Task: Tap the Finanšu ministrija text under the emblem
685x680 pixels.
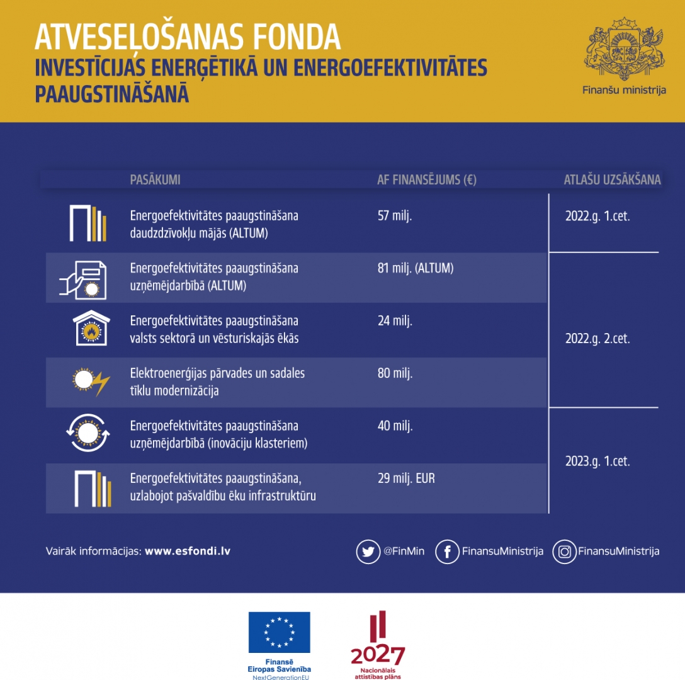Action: pyautogui.click(x=624, y=90)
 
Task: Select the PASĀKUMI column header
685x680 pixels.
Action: pyautogui.click(x=155, y=179)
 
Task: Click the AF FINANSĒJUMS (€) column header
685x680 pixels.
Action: pyautogui.click(x=426, y=179)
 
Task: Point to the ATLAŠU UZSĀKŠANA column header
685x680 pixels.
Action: pyautogui.click(x=612, y=179)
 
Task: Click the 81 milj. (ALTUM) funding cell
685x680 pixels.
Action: pyautogui.click(x=415, y=268)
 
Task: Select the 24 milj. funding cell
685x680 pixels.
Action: pyautogui.click(x=395, y=321)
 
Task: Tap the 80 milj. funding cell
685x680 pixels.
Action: pyautogui.click(x=395, y=373)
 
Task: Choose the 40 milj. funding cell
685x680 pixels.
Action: pyautogui.click(x=395, y=426)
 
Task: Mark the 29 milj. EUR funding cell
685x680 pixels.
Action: pyautogui.click(x=406, y=479)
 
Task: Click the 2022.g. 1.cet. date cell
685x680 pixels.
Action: pyautogui.click(x=597, y=216)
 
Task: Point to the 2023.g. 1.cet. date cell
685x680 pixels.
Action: pyautogui.click(x=597, y=461)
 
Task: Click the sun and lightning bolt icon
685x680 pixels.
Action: pyautogui.click(x=90, y=380)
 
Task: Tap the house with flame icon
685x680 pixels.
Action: pyautogui.click(x=91, y=328)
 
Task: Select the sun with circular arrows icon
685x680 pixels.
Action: pyautogui.click(x=88, y=433)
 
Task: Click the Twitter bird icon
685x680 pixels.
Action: pyautogui.click(x=368, y=552)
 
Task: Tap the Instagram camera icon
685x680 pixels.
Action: pyautogui.click(x=565, y=552)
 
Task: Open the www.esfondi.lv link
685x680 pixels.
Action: pyautogui.click(x=188, y=551)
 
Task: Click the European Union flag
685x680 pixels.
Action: pyautogui.click(x=279, y=632)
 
